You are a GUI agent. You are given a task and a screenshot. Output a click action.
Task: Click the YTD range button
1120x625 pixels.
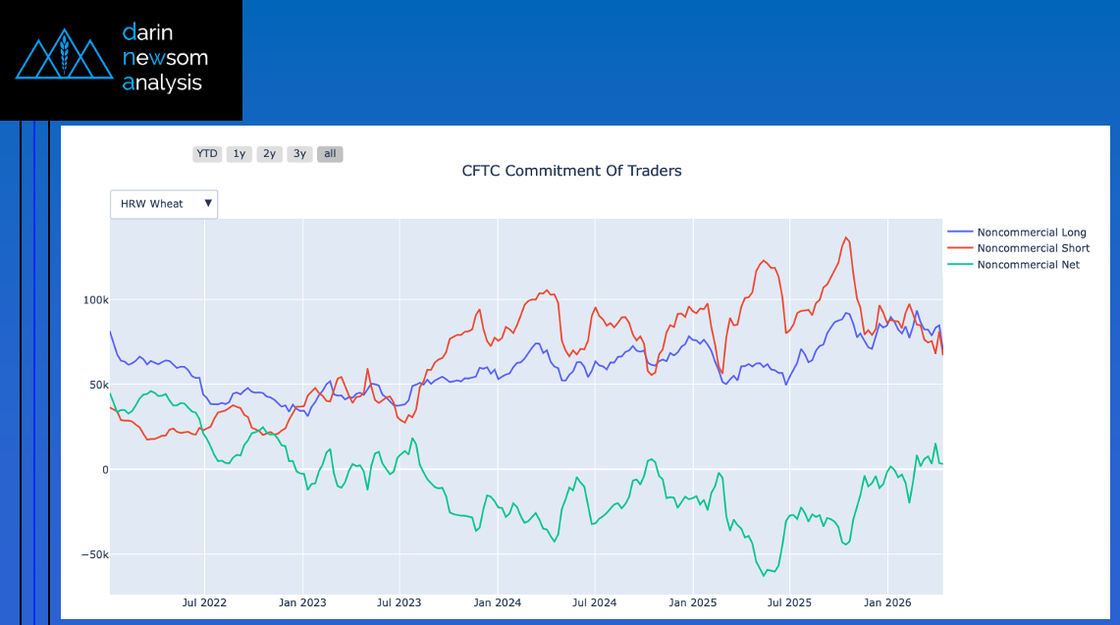[207, 154]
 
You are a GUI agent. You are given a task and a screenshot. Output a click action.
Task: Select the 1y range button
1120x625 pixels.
[240, 154]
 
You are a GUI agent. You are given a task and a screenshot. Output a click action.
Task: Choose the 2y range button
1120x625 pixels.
[270, 154]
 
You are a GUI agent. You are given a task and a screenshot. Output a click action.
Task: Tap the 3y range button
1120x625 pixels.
[299, 154]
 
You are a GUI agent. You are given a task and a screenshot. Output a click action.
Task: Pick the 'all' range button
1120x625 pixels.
[330, 154]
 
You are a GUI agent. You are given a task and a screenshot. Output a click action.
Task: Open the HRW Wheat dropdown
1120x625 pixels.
[164, 204]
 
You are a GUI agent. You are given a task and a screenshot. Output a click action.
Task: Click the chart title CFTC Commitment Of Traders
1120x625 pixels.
[571, 171]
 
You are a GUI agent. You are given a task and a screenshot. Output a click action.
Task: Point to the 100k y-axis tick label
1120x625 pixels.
[94, 300]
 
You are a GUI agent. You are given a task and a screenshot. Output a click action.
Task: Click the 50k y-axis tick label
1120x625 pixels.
[97, 386]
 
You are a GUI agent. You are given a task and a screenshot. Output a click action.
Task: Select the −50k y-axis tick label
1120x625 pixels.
[94, 555]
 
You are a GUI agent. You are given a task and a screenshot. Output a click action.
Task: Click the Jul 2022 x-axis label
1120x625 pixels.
[205, 602]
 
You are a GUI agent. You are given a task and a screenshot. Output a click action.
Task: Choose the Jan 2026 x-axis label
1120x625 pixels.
[887, 602]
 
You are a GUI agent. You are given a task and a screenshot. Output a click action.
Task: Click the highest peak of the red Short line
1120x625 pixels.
[846, 237]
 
